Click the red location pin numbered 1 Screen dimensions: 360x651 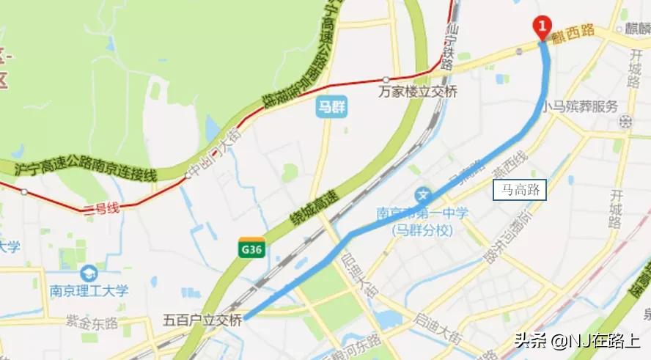[542, 28]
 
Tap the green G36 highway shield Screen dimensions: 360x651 [251, 248]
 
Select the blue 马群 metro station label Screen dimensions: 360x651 [331, 107]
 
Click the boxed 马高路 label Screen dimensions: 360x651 [520, 191]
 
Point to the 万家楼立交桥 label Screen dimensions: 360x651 [418, 92]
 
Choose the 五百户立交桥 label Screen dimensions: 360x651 [202, 320]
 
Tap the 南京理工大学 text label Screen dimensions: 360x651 [86, 290]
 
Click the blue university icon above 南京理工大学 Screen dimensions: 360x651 [88, 273]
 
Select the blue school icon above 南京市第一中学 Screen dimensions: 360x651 [422, 196]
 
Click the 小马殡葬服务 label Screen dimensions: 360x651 [580, 106]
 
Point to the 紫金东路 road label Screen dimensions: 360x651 [91, 320]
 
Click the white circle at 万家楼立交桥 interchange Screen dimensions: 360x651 [386, 80]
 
